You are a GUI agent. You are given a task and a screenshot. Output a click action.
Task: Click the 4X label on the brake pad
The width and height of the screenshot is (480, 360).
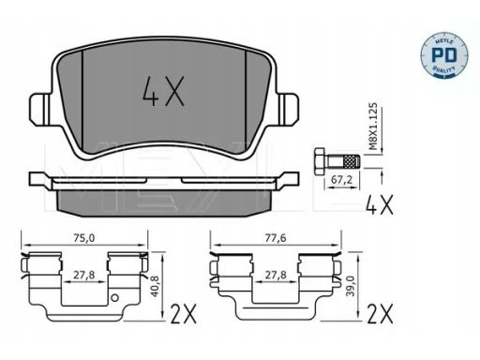pyautogui.click(x=163, y=91)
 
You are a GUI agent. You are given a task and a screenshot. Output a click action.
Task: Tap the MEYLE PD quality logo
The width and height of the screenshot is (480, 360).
pyautogui.click(x=444, y=54)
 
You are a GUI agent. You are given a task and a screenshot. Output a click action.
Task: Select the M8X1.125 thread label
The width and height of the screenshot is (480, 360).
pyautogui.click(x=373, y=126)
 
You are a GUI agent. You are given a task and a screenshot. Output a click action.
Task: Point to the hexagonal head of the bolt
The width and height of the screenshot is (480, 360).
pyautogui.click(x=320, y=162)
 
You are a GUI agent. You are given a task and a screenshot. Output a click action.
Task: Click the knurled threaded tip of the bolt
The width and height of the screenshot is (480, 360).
pyautogui.click(x=352, y=162)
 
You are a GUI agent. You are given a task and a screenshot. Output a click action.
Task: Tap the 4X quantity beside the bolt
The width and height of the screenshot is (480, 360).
pyautogui.click(x=380, y=204)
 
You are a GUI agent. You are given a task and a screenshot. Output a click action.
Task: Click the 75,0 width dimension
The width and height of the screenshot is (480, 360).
pyautogui.click(x=83, y=238)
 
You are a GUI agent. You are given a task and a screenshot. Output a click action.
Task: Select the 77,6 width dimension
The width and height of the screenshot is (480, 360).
pyautogui.click(x=276, y=238)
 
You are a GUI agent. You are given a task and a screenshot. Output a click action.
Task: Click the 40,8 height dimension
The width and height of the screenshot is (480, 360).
pyautogui.click(x=156, y=286)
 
